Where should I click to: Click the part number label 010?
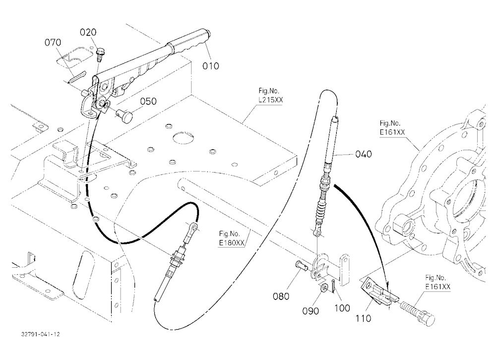click(x=211, y=66)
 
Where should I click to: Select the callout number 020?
click(x=88, y=32)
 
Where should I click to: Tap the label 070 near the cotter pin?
click(x=53, y=42)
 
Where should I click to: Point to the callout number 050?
click(x=148, y=101)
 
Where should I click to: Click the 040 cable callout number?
click(x=364, y=154)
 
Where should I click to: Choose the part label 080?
click(x=281, y=297)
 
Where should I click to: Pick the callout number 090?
click(x=310, y=311)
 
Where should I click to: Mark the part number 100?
click(x=342, y=308)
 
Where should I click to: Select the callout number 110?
click(x=363, y=318)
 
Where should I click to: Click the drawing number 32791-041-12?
click(x=41, y=334)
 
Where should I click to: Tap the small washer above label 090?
click(x=323, y=288)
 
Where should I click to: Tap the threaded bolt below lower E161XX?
click(x=418, y=312)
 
